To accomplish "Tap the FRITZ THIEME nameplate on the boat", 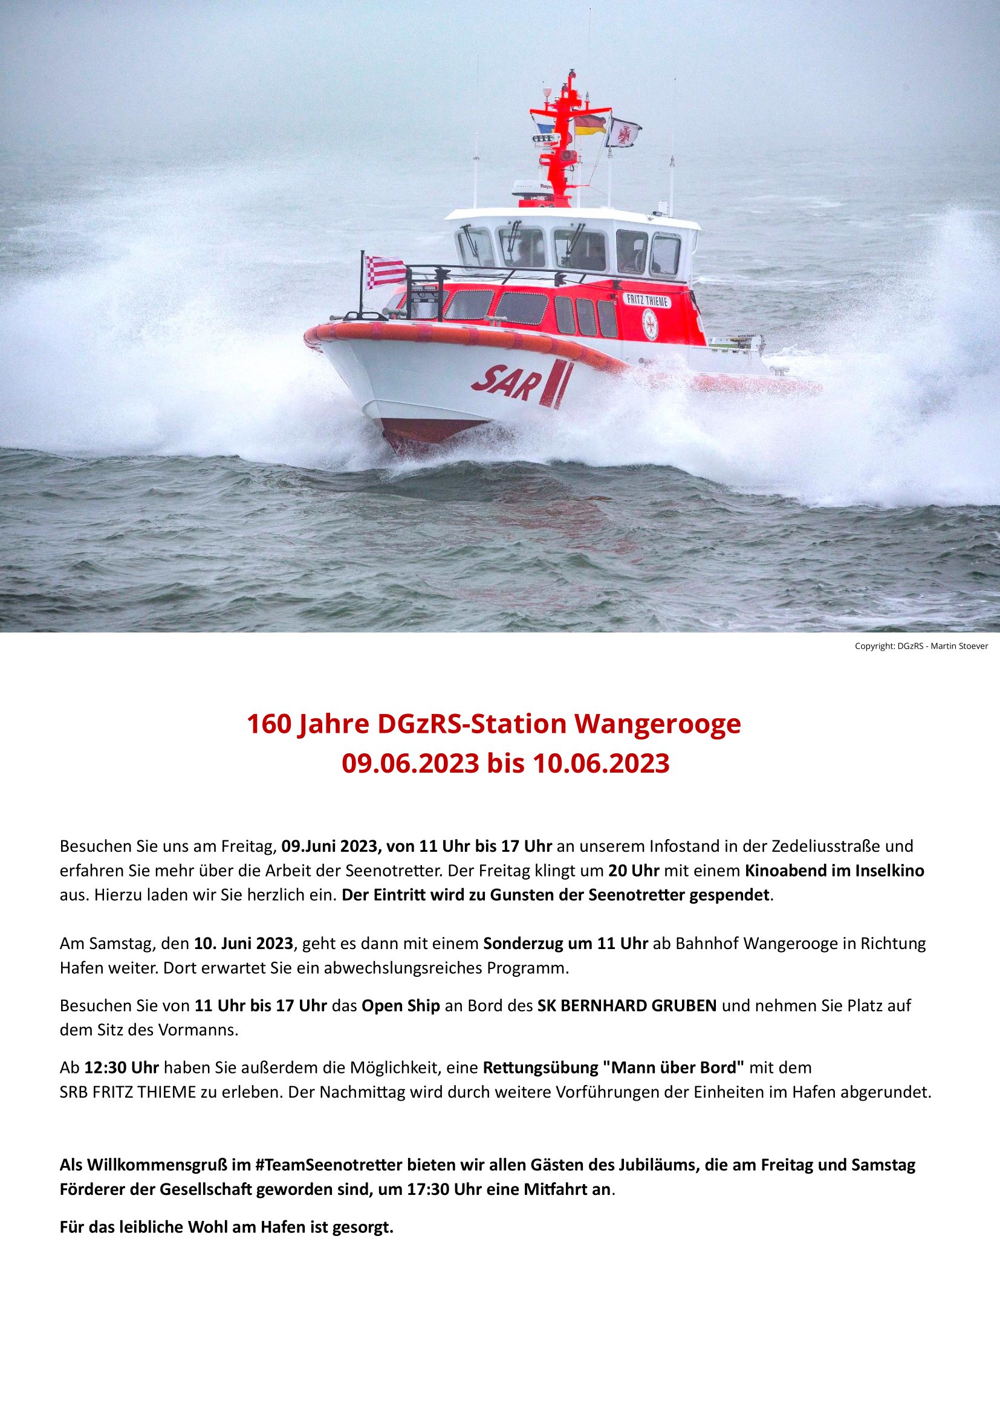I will point(647,300).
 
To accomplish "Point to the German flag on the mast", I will point(590,126).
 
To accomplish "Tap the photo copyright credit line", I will point(921,646).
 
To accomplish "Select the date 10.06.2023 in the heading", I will point(600,764).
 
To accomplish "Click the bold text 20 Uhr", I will point(634,871).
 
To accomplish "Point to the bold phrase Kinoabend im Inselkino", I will point(834,871).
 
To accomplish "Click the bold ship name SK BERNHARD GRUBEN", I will point(627,1006).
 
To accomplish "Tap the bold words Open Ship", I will point(400,1006).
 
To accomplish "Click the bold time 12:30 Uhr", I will point(122,1067).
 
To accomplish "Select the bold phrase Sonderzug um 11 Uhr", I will point(565,944).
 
